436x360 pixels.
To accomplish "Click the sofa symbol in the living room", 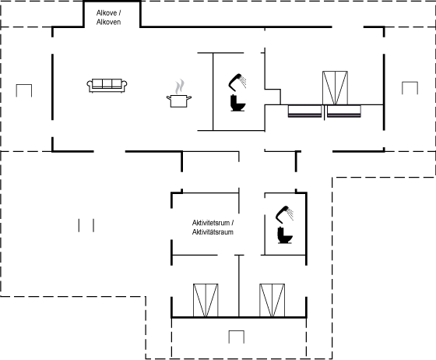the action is tap(107, 86).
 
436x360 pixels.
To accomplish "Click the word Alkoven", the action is tap(108, 22).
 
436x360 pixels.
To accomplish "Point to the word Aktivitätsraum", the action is tap(213, 232).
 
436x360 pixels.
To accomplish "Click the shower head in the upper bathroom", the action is tap(237, 82).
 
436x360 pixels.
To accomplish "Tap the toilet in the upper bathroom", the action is tap(238, 103).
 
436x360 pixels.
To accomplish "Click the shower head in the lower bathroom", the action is tap(284, 214).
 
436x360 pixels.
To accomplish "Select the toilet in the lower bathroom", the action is tap(285, 235).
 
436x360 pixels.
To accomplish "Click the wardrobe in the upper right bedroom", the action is tap(335, 88).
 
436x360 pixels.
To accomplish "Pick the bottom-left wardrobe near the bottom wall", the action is tap(206, 300).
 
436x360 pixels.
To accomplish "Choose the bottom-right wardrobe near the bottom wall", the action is tap(272, 300).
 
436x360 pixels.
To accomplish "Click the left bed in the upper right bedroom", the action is tap(304, 111).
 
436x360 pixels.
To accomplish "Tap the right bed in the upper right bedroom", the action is tap(344, 111).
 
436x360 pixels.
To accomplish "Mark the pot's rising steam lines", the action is tap(180, 86).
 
